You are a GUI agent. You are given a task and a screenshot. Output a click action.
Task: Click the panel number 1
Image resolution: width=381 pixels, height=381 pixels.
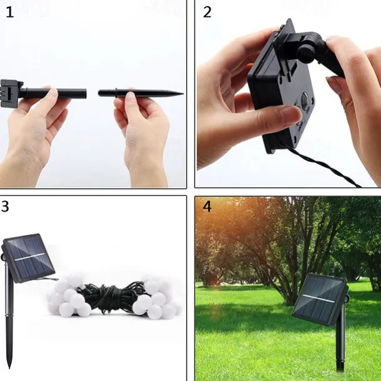10,12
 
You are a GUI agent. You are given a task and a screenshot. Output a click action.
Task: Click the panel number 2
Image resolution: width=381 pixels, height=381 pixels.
207,12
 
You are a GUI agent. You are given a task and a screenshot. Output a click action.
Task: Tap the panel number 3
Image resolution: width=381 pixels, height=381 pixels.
5,207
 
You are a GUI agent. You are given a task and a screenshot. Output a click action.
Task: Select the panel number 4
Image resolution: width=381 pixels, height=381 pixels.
207,207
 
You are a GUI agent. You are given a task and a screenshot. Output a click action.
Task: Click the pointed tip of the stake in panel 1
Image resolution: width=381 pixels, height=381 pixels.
183,93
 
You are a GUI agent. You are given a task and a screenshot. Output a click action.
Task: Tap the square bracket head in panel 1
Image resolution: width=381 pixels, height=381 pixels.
10,93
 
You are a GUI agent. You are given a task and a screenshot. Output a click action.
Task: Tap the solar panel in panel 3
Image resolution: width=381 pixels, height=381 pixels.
29,258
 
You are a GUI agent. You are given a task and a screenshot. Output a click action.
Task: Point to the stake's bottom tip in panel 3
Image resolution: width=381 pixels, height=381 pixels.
10,367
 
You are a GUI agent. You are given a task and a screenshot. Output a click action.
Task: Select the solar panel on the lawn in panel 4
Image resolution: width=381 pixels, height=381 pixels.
320,299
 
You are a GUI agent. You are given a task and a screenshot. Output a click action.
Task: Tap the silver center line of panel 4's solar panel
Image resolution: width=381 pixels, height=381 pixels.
319,299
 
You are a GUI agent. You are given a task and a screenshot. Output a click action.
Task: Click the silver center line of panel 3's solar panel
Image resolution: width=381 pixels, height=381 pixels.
29,257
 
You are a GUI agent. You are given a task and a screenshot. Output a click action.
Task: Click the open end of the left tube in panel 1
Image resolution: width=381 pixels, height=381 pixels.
85,94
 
